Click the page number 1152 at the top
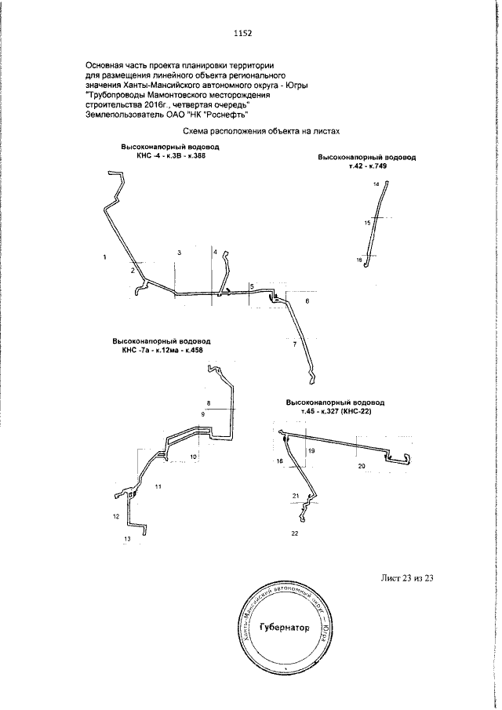243,33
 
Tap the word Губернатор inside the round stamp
285,628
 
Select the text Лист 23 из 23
407,578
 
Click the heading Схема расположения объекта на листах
261,131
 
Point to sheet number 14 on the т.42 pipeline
376,184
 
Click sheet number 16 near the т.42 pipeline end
359,260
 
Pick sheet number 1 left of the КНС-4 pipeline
105,257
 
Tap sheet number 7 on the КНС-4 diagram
295,345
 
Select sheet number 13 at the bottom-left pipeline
127,539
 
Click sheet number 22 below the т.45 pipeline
295,533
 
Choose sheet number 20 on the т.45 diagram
362,466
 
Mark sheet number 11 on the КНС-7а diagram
158,486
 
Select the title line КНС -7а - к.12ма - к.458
162,350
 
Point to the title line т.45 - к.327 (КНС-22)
336,411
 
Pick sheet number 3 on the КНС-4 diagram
180,253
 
